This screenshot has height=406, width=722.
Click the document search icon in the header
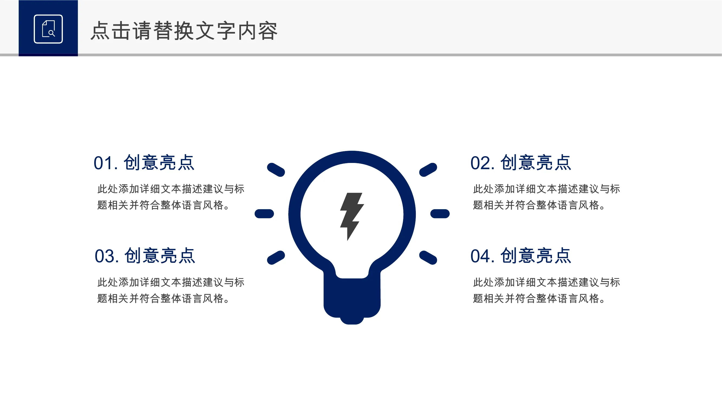point(48,29)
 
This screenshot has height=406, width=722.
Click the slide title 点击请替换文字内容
point(184,31)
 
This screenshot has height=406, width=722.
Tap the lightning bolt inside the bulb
point(352,217)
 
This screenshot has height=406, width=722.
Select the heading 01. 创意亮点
point(144,162)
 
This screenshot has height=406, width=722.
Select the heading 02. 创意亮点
point(521,162)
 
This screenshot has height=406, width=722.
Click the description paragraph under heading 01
point(171,197)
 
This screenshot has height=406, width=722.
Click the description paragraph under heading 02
point(547,197)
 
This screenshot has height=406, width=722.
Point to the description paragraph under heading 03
point(171,290)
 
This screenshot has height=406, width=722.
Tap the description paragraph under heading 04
point(547,290)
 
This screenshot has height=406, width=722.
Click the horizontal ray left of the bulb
point(264,214)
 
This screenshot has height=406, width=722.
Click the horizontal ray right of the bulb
point(440,214)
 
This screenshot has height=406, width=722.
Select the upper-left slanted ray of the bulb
point(276,170)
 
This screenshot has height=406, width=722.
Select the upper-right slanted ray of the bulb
point(428,170)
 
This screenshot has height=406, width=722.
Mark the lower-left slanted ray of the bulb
point(276,257)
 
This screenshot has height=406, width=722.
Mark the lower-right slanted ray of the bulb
point(428,257)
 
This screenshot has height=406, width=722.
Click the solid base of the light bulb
point(352,300)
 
